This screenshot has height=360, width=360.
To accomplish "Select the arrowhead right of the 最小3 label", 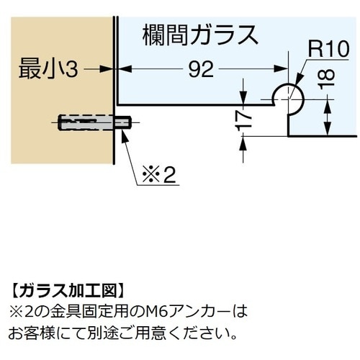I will [107, 69].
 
